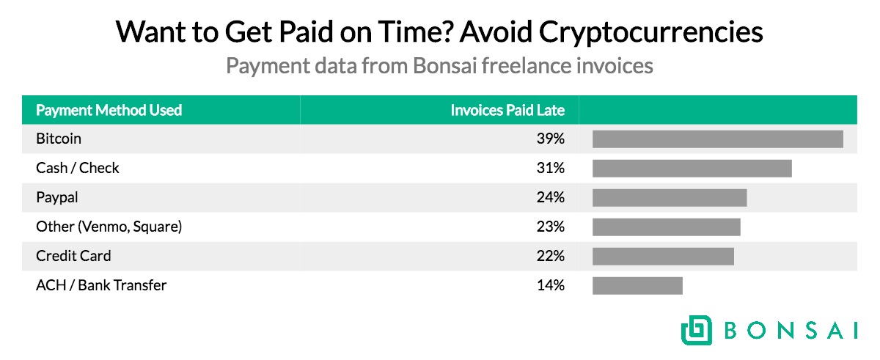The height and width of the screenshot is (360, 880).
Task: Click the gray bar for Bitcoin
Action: [x=717, y=139]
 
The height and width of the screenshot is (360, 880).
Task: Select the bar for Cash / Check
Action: [x=692, y=168]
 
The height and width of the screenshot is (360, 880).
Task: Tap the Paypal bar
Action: [x=669, y=198]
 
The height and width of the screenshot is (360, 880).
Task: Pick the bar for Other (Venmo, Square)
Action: [x=666, y=227]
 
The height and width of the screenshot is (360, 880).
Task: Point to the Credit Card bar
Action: [x=663, y=256]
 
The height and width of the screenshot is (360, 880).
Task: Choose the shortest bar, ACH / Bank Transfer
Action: [x=637, y=285]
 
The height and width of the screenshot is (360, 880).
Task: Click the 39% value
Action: [x=550, y=139]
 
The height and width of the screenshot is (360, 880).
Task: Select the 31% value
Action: [x=550, y=168]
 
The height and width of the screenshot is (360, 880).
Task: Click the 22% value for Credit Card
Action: [x=550, y=256]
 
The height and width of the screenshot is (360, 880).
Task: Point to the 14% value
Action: [x=550, y=285]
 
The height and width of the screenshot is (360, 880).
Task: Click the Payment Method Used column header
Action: [x=109, y=110]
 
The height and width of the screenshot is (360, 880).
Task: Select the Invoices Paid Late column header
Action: [x=507, y=110]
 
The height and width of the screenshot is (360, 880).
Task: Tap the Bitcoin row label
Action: [x=59, y=139]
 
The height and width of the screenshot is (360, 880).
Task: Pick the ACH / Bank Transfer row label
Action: [x=101, y=285]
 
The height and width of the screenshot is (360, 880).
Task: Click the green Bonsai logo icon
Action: [x=695, y=330]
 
